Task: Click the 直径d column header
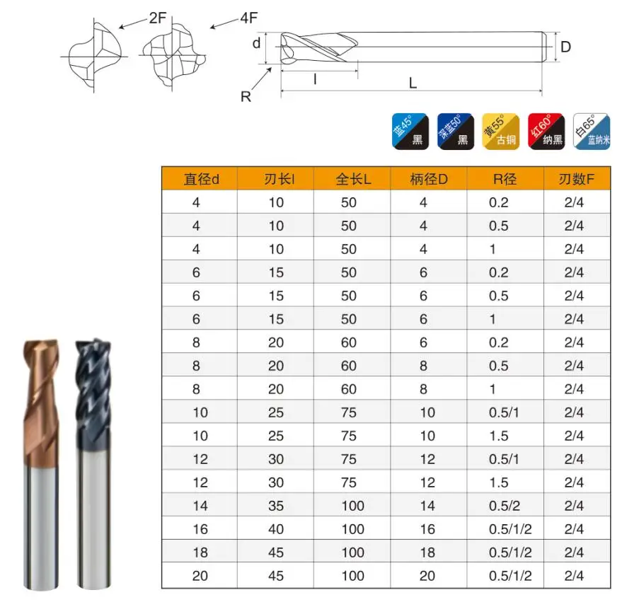point(201,179)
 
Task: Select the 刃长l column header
point(276,179)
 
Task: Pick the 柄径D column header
point(428,179)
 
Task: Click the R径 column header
point(505,179)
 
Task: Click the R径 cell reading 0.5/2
point(504,506)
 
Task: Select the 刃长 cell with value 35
point(276,506)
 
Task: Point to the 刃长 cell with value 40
point(276,529)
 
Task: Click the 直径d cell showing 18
point(200,552)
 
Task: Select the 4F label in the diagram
point(248,18)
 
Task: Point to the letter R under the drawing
point(246,97)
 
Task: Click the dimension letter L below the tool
point(413,83)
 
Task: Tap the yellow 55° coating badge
point(500,131)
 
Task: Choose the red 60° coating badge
point(546,131)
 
